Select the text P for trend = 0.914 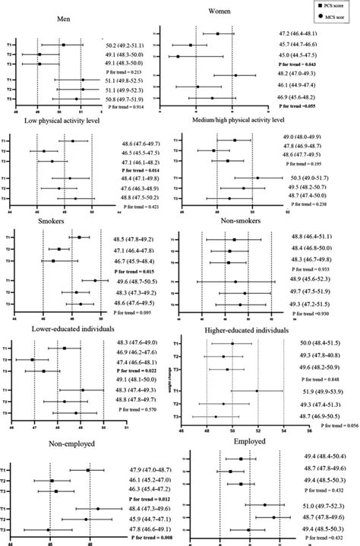(125, 109)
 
